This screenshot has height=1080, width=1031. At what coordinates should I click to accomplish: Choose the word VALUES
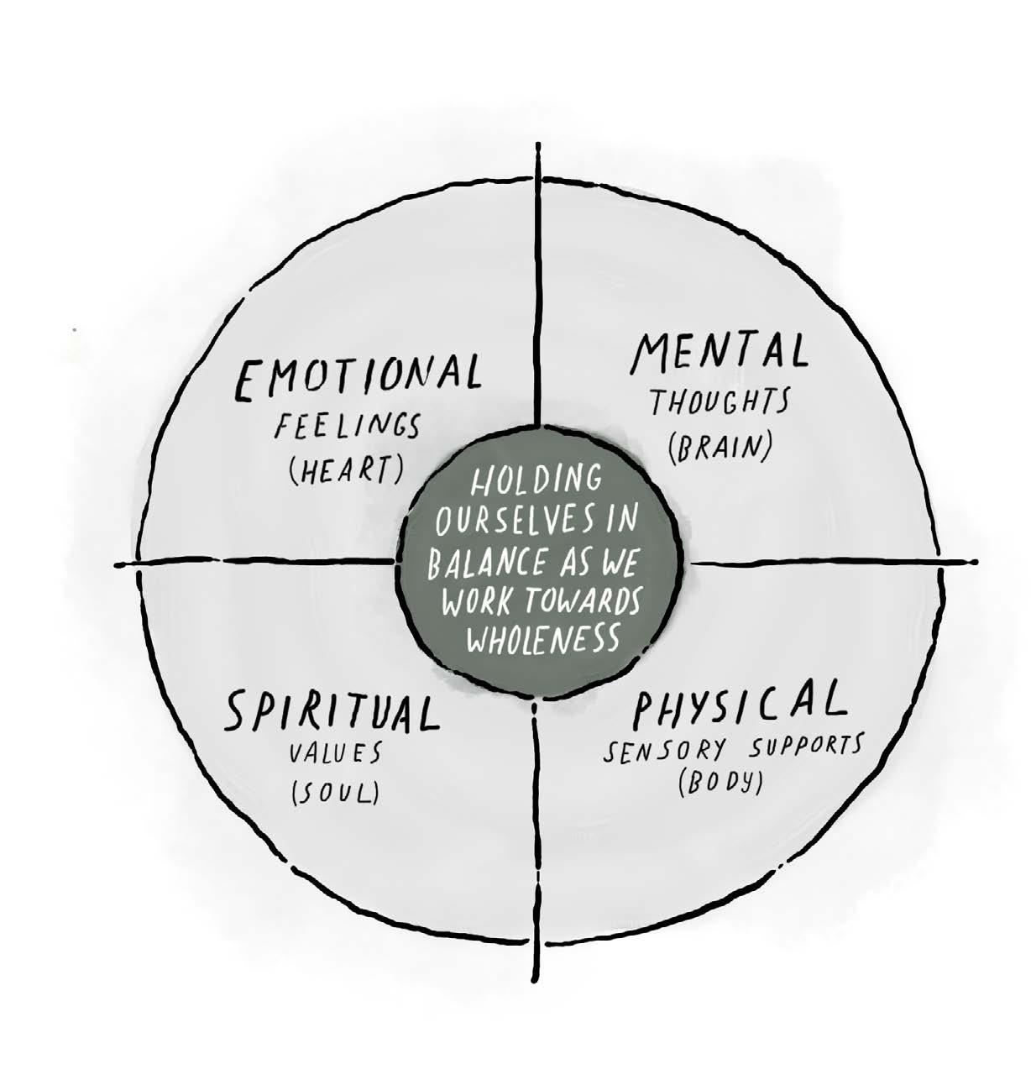(x=336, y=752)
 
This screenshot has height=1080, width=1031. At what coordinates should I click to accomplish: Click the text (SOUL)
(x=334, y=793)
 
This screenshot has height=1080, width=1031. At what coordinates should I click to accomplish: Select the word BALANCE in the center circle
(x=480, y=564)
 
